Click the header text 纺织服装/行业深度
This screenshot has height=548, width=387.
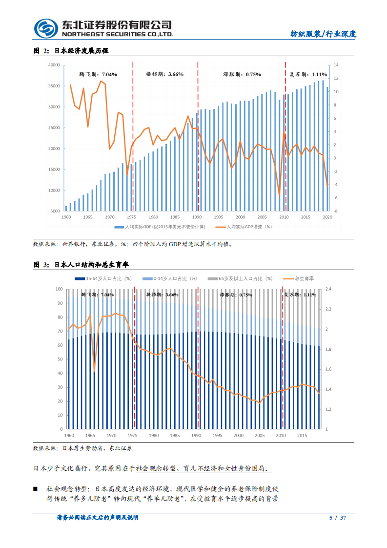pyautogui.click(x=324, y=34)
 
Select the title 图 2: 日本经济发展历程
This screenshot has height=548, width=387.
pyautogui.click(x=71, y=51)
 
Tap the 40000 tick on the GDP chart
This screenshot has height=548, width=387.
pyautogui.click(x=54, y=65)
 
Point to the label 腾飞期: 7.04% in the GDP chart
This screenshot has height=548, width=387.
pyautogui.click(x=98, y=74)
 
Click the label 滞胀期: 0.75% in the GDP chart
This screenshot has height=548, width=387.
pyautogui.click(x=242, y=74)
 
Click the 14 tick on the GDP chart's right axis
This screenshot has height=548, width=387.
pyautogui.click(x=336, y=65)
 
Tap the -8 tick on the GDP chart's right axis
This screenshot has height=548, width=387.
pyautogui.click(x=336, y=211)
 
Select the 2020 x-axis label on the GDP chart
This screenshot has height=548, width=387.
pyautogui.click(x=327, y=217)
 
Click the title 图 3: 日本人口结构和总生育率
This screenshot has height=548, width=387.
pyautogui.click(x=81, y=264)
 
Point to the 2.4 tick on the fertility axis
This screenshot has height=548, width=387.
pyautogui.click(x=328, y=289)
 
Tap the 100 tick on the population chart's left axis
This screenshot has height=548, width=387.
pyautogui.click(x=60, y=289)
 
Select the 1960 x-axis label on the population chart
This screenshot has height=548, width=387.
pyautogui.click(x=69, y=435)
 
